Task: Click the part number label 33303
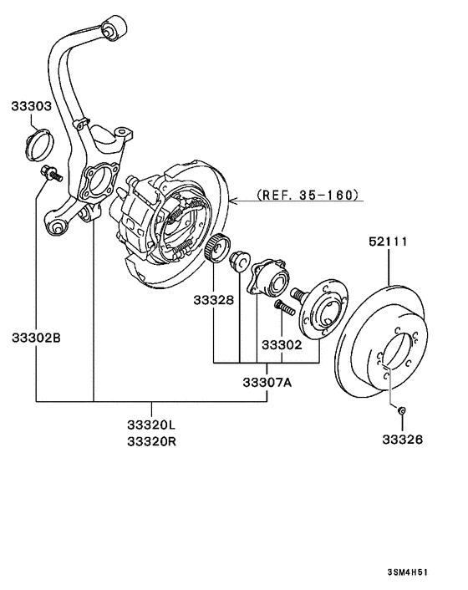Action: tap(32, 107)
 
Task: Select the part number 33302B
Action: tap(36, 338)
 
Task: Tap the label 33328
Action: tap(215, 299)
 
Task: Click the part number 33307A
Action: tap(267, 383)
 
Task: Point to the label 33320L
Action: tap(153, 425)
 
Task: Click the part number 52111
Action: tap(388, 242)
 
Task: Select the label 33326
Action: tap(404, 439)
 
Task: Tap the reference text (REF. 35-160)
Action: tap(309, 196)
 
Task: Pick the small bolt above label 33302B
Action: tap(49, 175)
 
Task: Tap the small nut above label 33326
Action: tap(402, 409)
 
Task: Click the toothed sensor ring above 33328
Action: tap(217, 248)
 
